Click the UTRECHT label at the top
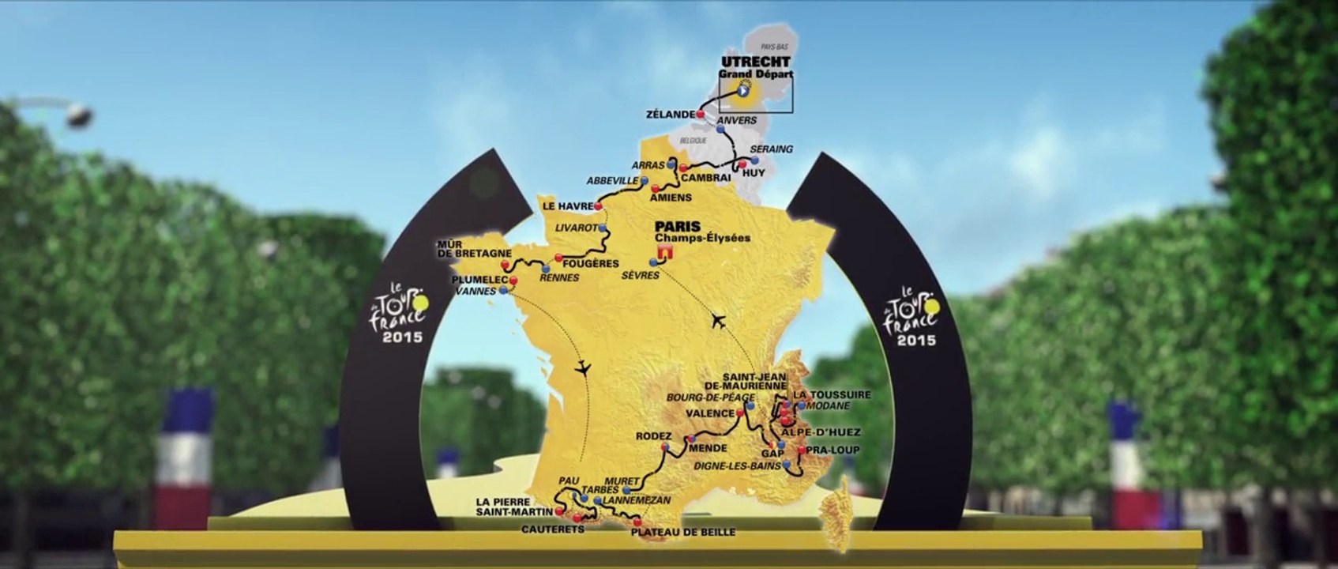click(x=755, y=62)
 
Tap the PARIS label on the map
click(x=677, y=226)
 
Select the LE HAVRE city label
click(x=567, y=206)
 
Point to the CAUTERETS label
click(x=553, y=529)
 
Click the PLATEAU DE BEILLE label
click(x=683, y=532)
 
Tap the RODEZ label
click(x=653, y=436)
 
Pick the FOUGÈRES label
click(x=590, y=263)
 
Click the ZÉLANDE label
click(x=670, y=115)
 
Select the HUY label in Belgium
click(x=754, y=173)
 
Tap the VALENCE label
click(x=710, y=413)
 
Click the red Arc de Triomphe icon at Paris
click(x=664, y=251)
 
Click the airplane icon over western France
click(x=583, y=367)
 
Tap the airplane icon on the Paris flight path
click(x=718, y=321)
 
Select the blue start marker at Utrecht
click(x=743, y=91)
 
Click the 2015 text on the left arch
click(x=403, y=337)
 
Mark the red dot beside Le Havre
click(x=598, y=206)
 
